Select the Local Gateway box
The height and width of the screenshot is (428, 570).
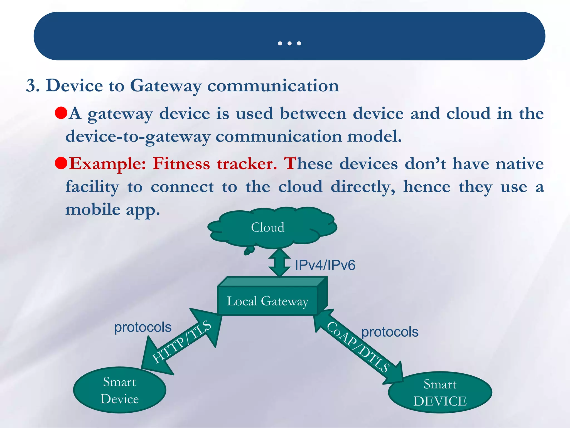coord(267,301)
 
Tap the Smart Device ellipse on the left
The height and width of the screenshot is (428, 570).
coord(120,390)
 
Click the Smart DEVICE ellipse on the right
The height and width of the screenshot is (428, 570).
coord(440,393)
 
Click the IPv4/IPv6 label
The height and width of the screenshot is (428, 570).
coord(325,265)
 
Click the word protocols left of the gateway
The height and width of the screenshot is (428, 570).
coord(143,327)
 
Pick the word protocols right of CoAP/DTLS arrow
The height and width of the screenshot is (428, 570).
coord(390,332)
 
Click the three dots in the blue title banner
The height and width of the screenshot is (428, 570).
coord(289,43)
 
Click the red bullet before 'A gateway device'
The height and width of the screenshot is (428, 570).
coord(61,113)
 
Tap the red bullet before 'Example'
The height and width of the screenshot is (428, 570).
coord(61,163)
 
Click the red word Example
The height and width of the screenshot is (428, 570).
coord(107,164)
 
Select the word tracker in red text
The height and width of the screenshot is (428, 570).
coord(247,164)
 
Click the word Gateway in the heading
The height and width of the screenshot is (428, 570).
coord(165,86)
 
